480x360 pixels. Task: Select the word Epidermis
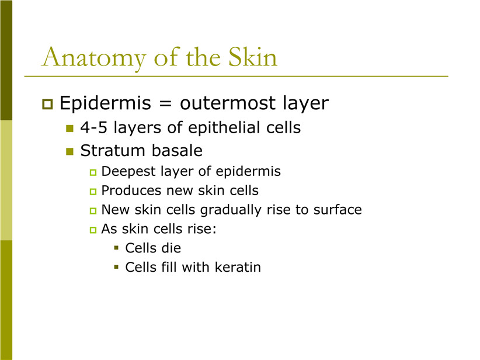tap(105, 103)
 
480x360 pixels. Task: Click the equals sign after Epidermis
tap(165, 103)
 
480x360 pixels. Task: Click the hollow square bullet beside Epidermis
tap(47, 104)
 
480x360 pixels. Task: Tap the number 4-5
tap(94, 127)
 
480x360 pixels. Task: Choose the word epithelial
tap(224, 128)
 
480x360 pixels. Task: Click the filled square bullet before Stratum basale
tap(70, 151)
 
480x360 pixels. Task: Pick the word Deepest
tap(128, 172)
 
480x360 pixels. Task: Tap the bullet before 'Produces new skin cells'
tap(93, 192)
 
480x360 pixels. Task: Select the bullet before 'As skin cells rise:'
tap(93, 230)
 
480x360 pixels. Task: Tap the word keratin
tap(238, 267)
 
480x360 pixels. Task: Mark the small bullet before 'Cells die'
tap(116, 248)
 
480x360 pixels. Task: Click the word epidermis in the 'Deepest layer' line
tap(248, 172)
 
